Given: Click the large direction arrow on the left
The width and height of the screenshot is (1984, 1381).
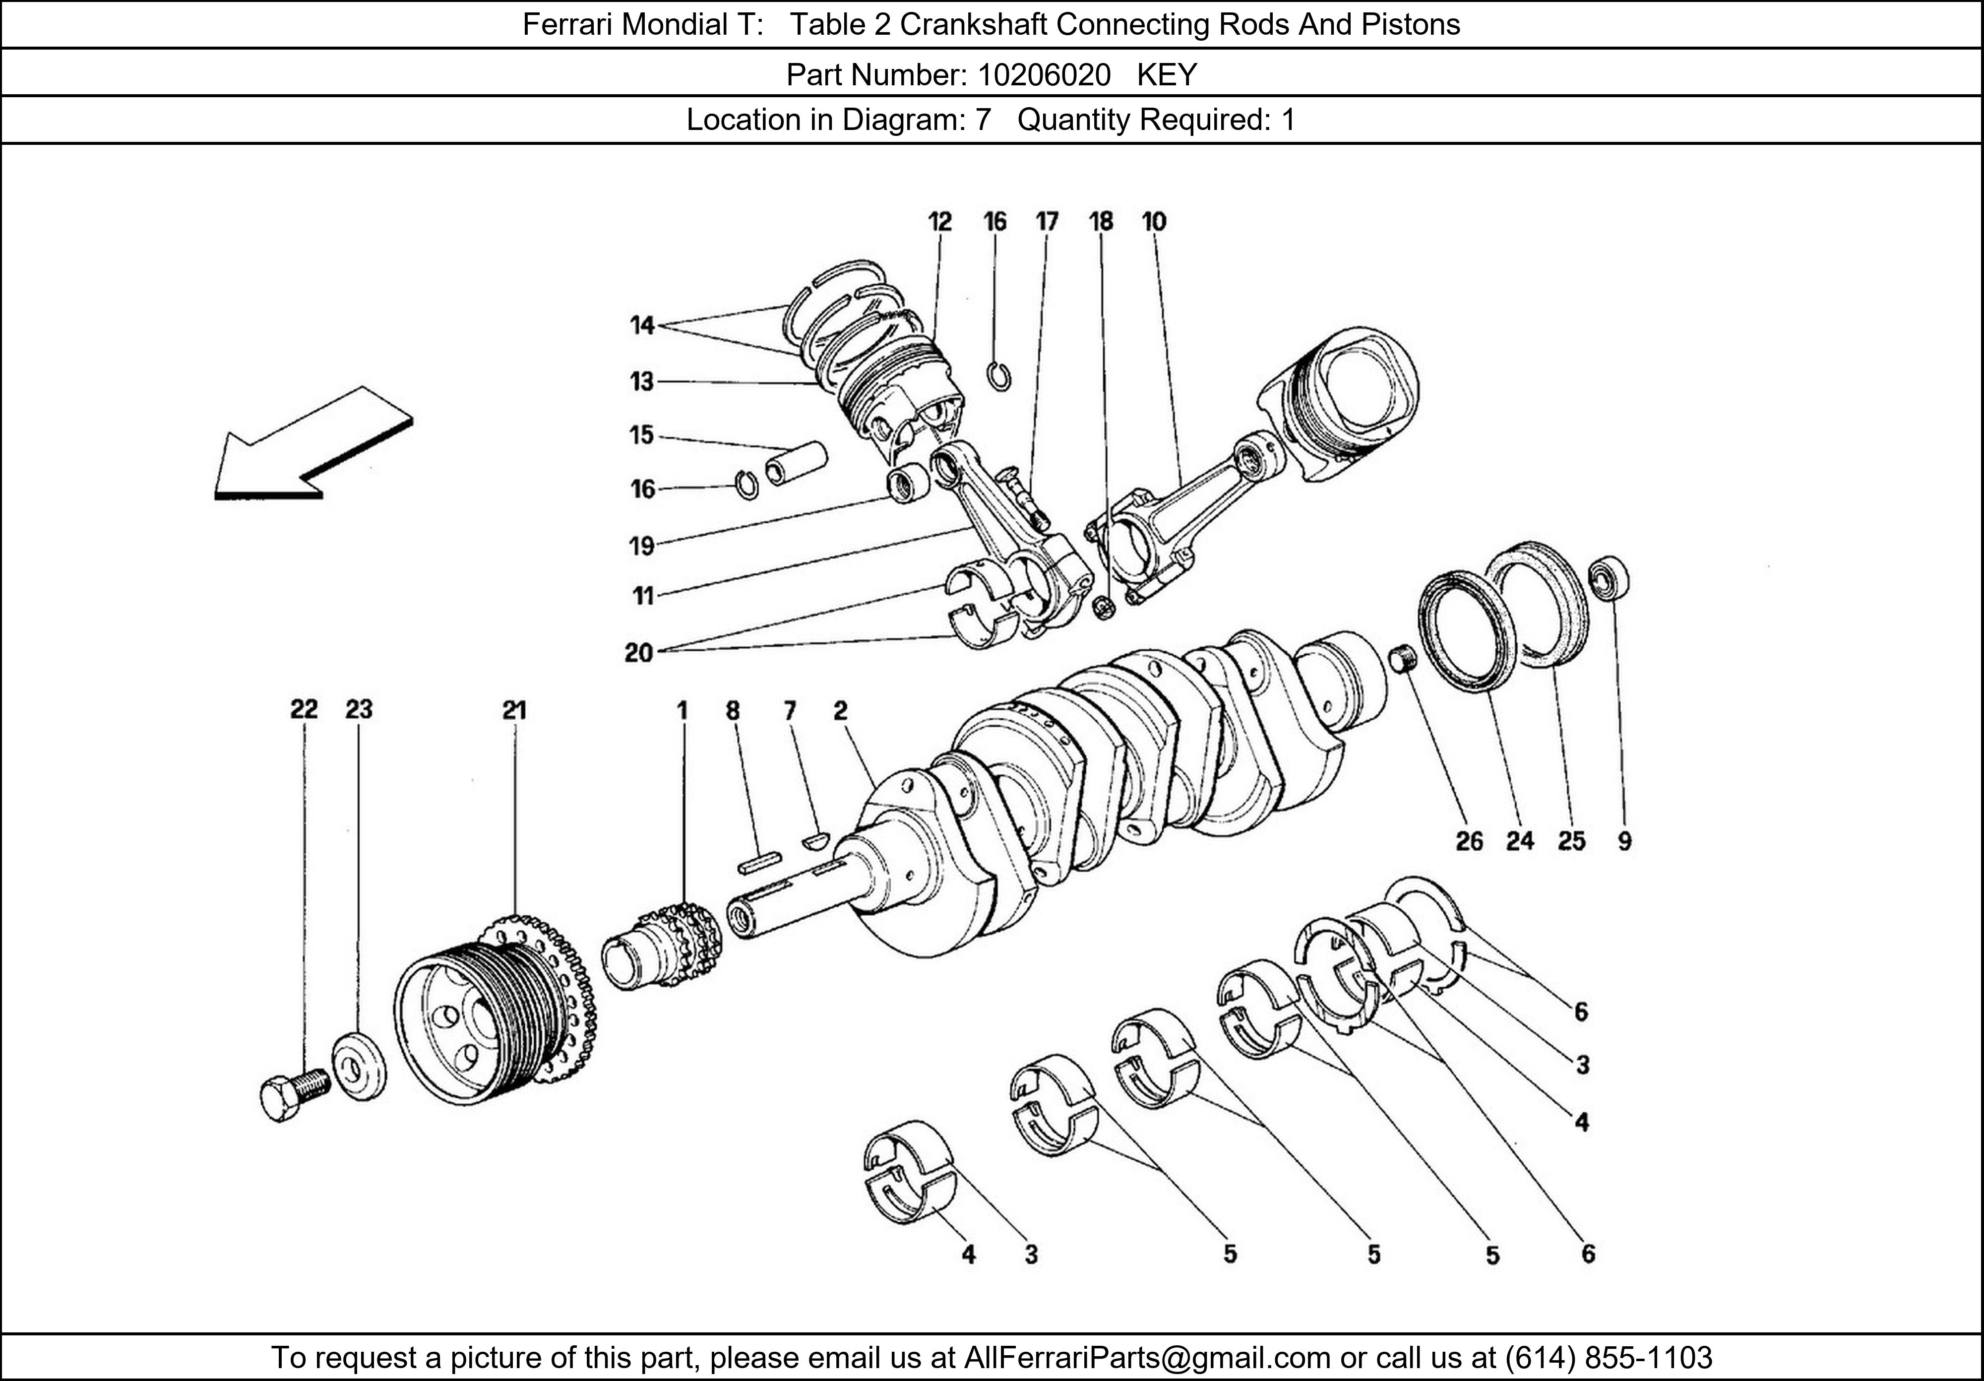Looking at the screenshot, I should [x=303, y=449].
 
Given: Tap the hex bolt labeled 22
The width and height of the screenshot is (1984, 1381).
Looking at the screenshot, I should [x=291, y=1096].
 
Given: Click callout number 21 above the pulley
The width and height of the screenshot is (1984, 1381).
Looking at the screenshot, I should [x=514, y=710].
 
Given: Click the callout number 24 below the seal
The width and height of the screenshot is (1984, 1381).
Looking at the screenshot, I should [x=1520, y=841].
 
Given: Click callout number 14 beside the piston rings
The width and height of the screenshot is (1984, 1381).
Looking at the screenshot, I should [x=642, y=326].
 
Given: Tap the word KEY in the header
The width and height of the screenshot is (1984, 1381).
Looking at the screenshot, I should [x=1167, y=75].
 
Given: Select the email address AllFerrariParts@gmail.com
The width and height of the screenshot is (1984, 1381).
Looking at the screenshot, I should [x=1147, y=1358].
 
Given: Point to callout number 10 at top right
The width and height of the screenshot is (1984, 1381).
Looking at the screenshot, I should [x=1154, y=222].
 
